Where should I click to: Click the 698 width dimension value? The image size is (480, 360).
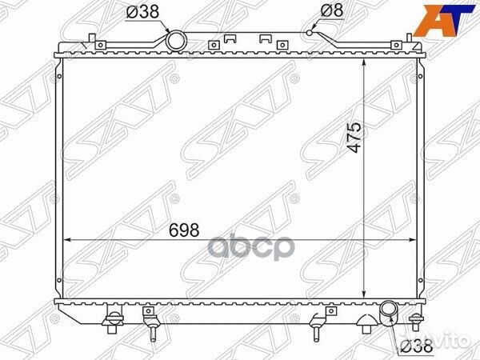coord(184,230)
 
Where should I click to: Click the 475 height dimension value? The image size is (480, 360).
coord(354,137)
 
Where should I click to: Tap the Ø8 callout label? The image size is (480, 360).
coord(332,11)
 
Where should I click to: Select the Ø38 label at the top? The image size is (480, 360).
coord(142,12)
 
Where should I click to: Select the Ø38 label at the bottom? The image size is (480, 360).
coord(417,346)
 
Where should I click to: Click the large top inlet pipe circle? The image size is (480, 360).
coord(176,41)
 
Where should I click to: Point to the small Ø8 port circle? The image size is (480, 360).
coord(310,33)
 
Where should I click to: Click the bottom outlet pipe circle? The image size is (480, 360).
coord(389,313)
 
